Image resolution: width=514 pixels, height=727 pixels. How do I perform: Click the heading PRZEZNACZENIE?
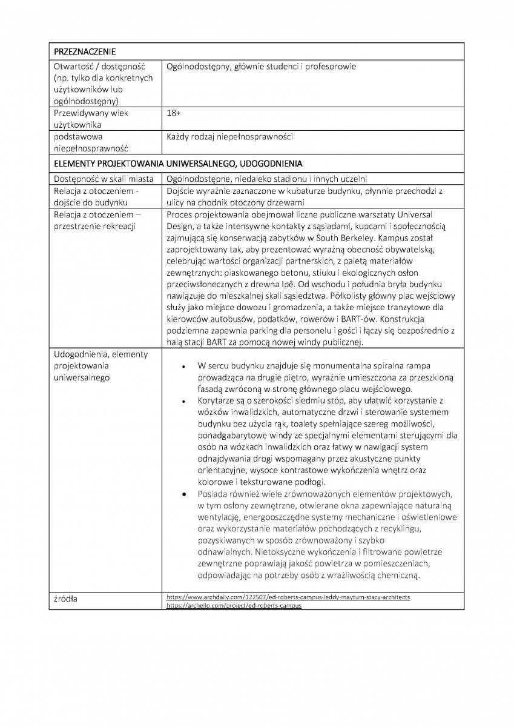(85, 51)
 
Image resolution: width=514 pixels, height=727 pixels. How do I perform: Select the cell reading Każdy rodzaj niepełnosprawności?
(229, 137)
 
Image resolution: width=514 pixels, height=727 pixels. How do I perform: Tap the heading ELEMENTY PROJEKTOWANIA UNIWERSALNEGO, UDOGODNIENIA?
(178, 164)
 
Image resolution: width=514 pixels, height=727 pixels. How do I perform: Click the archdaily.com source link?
(288, 597)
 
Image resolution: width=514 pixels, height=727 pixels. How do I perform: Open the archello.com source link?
(234, 605)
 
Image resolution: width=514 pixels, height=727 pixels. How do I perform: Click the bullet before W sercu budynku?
(183, 367)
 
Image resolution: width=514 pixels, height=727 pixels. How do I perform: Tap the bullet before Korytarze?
(183, 401)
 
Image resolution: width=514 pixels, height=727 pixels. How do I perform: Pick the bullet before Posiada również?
(183, 494)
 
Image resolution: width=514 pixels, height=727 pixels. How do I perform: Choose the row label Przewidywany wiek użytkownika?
(91, 119)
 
